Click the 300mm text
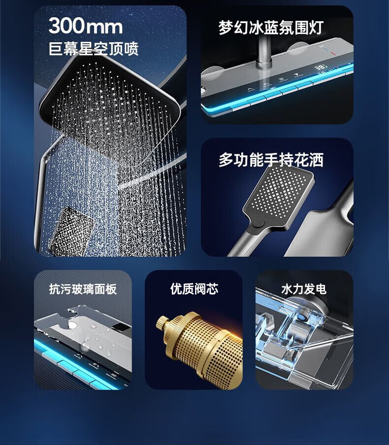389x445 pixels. point(86,26)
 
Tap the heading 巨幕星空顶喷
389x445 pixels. point(94,49)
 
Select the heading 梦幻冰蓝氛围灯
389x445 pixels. point(271,28)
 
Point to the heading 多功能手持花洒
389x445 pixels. point(271,160)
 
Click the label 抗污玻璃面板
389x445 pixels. point(83,289)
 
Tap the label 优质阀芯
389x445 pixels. point(194,289)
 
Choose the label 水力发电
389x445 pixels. point(304,289)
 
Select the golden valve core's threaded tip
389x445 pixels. point(162,323)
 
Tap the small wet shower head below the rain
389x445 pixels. point(71,231)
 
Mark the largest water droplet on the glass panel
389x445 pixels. point(85,346)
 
